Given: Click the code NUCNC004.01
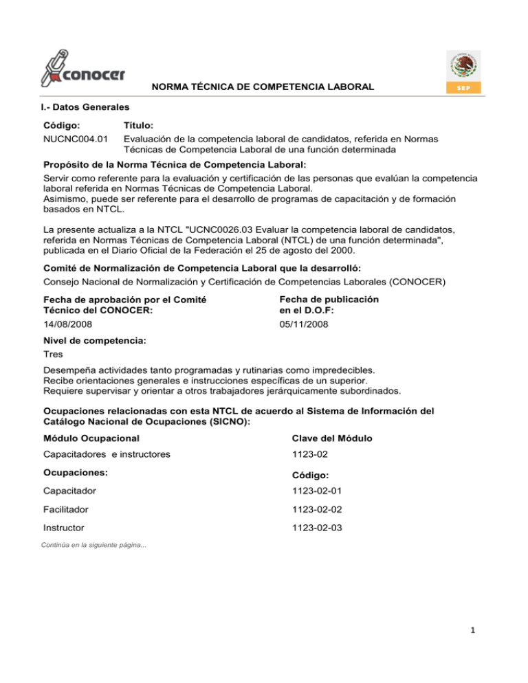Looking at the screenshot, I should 74,138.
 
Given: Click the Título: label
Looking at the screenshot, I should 138,126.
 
